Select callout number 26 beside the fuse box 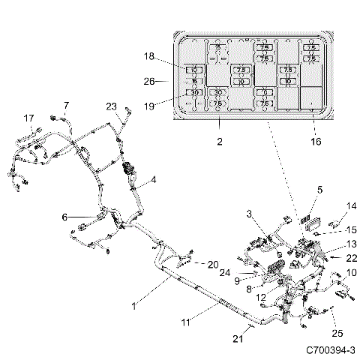coord(149,81)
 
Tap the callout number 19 coord(149,106)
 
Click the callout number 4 coord(154,180)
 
